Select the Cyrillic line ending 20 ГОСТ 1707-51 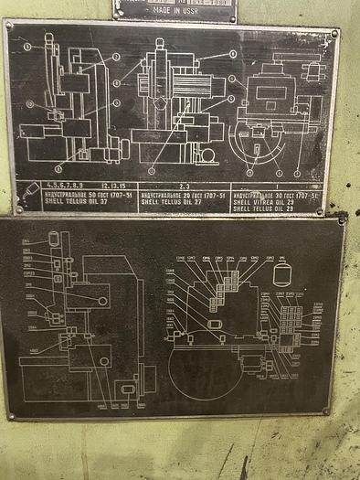click(x=184, y=195)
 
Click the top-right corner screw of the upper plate click(x=334, y=33)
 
